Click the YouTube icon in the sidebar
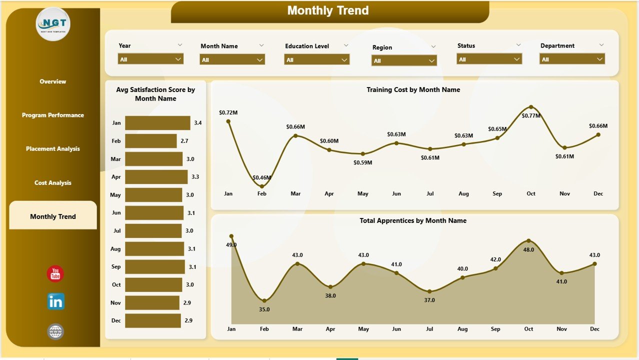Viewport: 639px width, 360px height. click(55, 274)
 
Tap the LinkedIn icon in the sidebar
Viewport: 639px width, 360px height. click(55, 301)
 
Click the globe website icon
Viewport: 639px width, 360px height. click(55, 331)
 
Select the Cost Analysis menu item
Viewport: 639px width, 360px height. click(52, 183)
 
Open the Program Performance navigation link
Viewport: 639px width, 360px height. click(52, 115)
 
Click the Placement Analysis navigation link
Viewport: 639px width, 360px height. click(52, 149)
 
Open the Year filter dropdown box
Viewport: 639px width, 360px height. click(150, 59)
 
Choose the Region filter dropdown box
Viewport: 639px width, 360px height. click(404, 60)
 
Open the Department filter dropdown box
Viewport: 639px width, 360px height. click(572, 59)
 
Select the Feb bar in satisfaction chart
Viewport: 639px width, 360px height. click(150, 141)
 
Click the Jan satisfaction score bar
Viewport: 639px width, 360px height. click(157, 123)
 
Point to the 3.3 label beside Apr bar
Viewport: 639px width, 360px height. click(195, 177)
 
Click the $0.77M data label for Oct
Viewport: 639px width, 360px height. click(531, 116)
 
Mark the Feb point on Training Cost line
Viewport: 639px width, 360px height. click(262, 186)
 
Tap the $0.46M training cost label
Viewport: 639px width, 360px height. click(262, 177)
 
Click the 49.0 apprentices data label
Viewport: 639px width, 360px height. click(231, 245)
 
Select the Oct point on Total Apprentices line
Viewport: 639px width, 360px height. click(528, 241)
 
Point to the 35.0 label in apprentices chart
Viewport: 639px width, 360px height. click(264, 309)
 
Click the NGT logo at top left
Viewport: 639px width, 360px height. click(53, 24)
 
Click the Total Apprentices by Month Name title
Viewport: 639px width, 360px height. click(413, 220)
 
